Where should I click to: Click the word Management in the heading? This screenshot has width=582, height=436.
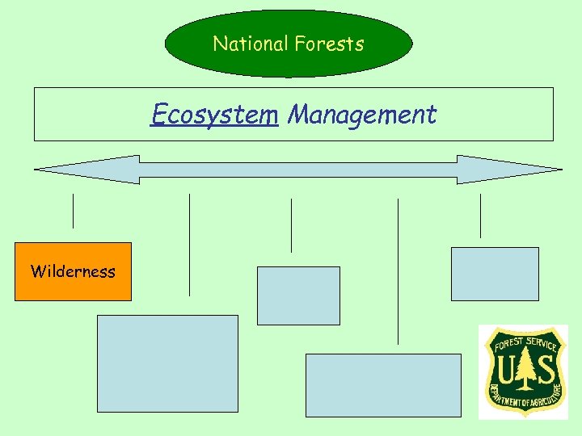362,115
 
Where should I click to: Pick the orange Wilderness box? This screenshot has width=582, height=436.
73,271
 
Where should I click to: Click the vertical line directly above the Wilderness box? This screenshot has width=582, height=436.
73,211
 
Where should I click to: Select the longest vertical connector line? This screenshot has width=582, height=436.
398,271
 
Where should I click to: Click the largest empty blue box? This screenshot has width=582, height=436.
167,363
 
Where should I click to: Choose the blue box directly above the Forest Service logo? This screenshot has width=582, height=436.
495,274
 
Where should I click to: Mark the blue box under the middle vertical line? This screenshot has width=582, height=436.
298,296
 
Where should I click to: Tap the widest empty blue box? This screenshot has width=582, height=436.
383,385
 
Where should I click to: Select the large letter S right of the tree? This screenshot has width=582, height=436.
546,371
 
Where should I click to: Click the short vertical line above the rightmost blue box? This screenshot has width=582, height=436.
480,216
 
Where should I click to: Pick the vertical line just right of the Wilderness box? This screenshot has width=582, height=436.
189,245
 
